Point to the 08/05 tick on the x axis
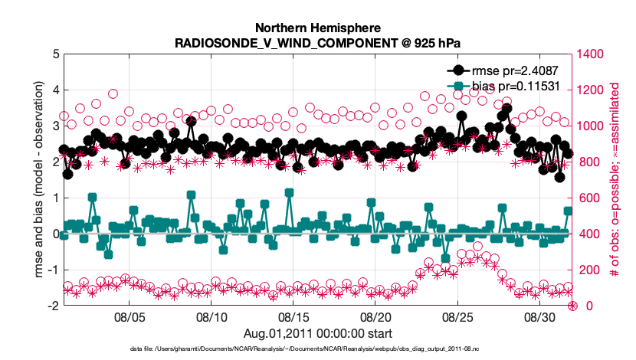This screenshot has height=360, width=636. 129,316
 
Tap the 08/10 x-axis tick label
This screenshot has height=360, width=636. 211,316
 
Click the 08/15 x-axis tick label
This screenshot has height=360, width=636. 293,316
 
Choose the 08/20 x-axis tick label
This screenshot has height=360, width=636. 375,316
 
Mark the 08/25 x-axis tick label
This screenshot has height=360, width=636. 457,316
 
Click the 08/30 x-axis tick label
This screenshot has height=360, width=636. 539,316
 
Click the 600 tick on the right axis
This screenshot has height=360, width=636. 586,198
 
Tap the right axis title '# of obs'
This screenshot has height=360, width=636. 613,180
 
